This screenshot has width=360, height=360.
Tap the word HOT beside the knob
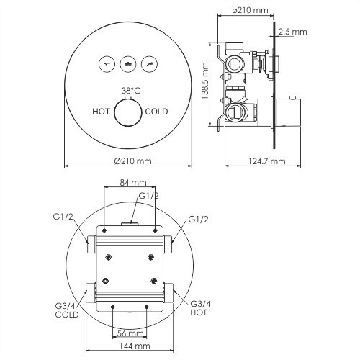click(x=102, y=112)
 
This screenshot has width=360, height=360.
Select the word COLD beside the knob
click(x=157, y=112)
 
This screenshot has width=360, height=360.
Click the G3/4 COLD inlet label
click(x=66, y=309)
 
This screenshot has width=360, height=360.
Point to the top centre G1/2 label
click(x=148, y=195)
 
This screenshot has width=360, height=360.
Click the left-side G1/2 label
click(x=63, y=217)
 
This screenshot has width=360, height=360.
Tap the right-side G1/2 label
click(x=198, y=218)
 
